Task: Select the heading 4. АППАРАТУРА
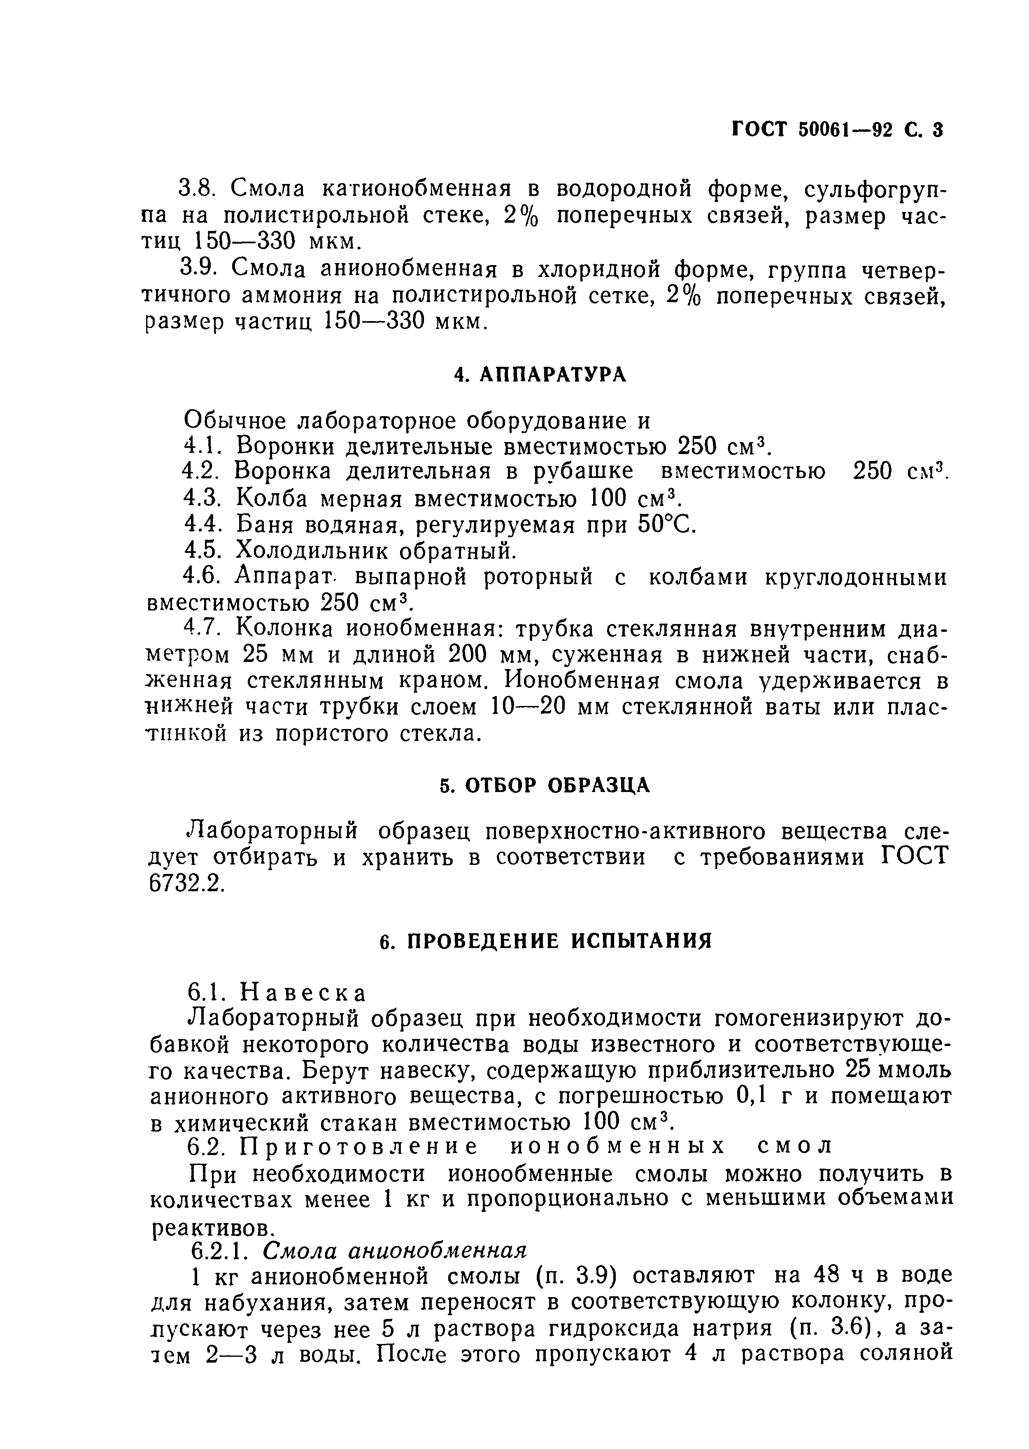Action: [x=540, y=375]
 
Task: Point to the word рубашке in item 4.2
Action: [x=582, y=471]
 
